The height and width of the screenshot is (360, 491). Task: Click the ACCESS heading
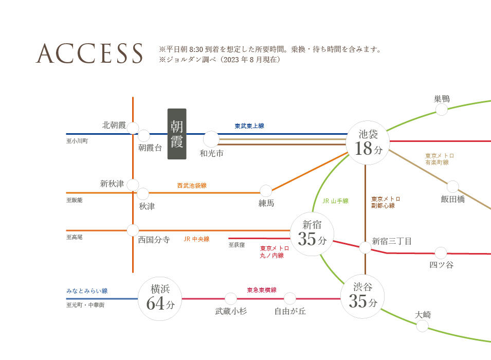click(89, 53)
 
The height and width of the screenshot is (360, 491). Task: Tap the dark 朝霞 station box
click(177, 134)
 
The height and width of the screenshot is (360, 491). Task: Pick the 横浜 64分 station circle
click(160, 298)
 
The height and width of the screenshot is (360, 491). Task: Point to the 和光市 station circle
click(211, 139)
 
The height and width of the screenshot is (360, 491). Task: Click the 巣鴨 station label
click(442, 99)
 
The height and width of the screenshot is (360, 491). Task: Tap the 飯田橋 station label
click(452, 199)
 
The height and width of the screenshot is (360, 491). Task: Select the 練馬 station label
click(266, 204)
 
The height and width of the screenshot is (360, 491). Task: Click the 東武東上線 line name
click(249, 126)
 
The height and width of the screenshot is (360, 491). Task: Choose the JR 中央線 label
click(196, 239)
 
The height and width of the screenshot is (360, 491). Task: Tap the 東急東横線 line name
click(261, 290)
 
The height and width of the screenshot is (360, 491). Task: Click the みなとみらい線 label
click(87, 291)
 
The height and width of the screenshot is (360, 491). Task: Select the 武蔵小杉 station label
click(231, 311)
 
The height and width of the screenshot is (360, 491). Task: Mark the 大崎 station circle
click(423, 326)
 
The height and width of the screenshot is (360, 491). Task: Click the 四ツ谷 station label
click(441, 265)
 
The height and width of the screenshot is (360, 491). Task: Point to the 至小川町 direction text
click(77, 140)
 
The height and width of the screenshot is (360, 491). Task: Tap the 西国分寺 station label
click(154, 240)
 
